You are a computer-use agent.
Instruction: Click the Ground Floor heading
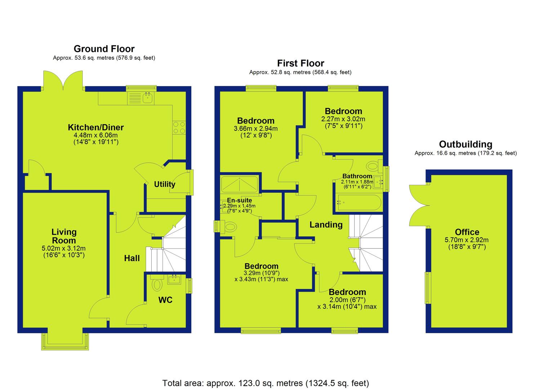(104, 49)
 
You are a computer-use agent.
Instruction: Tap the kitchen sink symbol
(148, 98)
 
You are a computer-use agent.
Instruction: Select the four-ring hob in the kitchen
(179, 128)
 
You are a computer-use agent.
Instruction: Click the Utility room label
(165, 184)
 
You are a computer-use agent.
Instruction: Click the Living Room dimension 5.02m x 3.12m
(63, 249)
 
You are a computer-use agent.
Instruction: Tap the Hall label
(132, 258)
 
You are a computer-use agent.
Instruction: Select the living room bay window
(65, 341)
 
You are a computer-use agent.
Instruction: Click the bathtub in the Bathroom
(358, 203)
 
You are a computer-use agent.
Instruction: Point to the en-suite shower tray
(239, 184)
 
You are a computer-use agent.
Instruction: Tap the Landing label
(326, 225)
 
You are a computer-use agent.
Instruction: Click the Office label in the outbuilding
(467, 232)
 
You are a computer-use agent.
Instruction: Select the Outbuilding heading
(465, 144)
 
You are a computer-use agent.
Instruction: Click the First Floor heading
(300, 63)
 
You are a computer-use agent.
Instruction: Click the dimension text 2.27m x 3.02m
(343, 119)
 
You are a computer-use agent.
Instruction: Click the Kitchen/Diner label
(96, 127)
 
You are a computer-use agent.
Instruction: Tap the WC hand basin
(174, 279)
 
